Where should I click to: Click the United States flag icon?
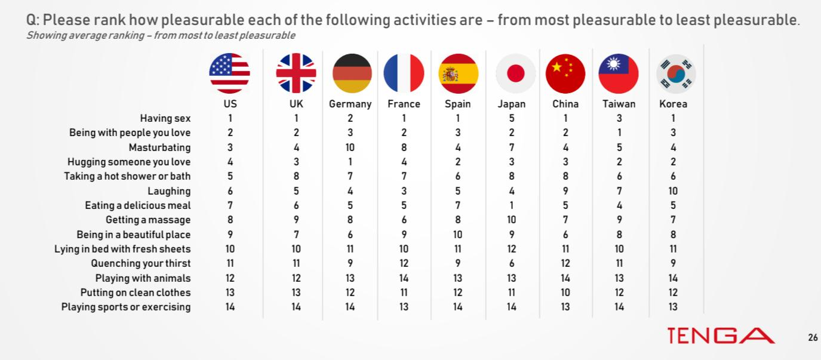point(229,73)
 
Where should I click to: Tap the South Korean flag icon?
point(676,73)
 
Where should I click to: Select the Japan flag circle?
point(515,73)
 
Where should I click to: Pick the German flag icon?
point(352,73)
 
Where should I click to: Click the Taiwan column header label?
point(619,104)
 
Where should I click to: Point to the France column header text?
point(404,104)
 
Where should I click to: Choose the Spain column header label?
point(457,104)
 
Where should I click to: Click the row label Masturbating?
point(159,147)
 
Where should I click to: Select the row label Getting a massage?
point(148,220)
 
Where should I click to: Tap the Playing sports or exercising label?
point(126,307)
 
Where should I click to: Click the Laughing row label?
point(169,191)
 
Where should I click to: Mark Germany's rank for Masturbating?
point(350,147)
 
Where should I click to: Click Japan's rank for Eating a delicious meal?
point(511,205)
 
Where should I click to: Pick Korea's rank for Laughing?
point(673,191)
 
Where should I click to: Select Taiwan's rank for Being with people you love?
point(619,133)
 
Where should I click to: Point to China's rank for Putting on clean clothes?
point(565,293)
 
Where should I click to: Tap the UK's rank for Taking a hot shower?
point(296,176)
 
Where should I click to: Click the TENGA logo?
point(721,336)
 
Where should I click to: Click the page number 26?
point(813,337)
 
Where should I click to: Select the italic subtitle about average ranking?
point(161,36)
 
